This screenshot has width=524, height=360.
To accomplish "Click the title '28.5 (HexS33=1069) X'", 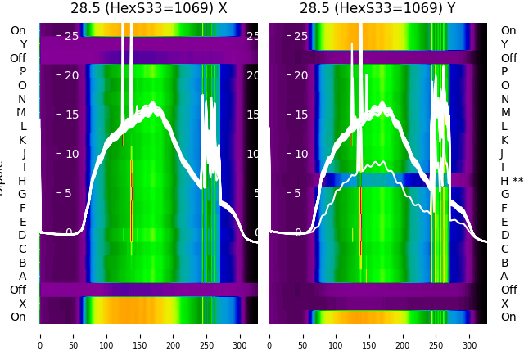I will (148, 8).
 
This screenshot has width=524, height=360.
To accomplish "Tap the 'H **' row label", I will (512, 181).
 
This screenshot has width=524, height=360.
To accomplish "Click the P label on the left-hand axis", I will (22, 72).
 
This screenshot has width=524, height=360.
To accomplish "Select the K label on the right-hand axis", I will (504, 140).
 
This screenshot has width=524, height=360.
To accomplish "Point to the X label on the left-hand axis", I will (22, 304).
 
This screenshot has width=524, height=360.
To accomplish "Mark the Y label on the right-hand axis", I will (504, 44).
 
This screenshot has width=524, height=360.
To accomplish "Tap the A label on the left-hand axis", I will (22, 276).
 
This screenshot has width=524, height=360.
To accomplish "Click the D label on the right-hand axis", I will (504, 235).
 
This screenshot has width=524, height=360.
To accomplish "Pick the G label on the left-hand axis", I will (22, 194).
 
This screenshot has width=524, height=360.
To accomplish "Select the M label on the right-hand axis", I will (505, 112).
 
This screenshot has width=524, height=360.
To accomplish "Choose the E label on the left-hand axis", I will (22, 222).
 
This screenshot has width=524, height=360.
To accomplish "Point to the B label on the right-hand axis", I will (504, 263).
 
